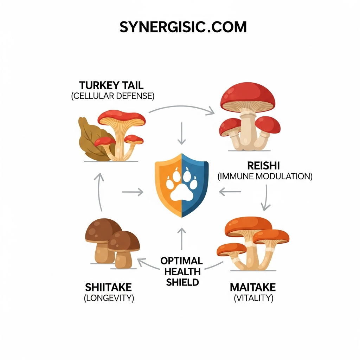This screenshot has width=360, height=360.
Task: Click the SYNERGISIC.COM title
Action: [183, 27]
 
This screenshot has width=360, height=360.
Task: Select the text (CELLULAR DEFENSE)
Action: [112, 96]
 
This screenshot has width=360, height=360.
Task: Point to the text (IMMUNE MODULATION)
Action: [265, 176]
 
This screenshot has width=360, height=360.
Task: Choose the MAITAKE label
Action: [253, 287]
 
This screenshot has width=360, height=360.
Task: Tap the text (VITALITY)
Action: [253, 298]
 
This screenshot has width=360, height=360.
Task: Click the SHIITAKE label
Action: [108, 287]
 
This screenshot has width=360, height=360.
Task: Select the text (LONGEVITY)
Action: [109, 298]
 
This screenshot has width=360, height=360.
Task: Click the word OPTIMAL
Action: [181, 261]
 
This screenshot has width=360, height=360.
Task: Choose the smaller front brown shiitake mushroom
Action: [123, 248]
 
